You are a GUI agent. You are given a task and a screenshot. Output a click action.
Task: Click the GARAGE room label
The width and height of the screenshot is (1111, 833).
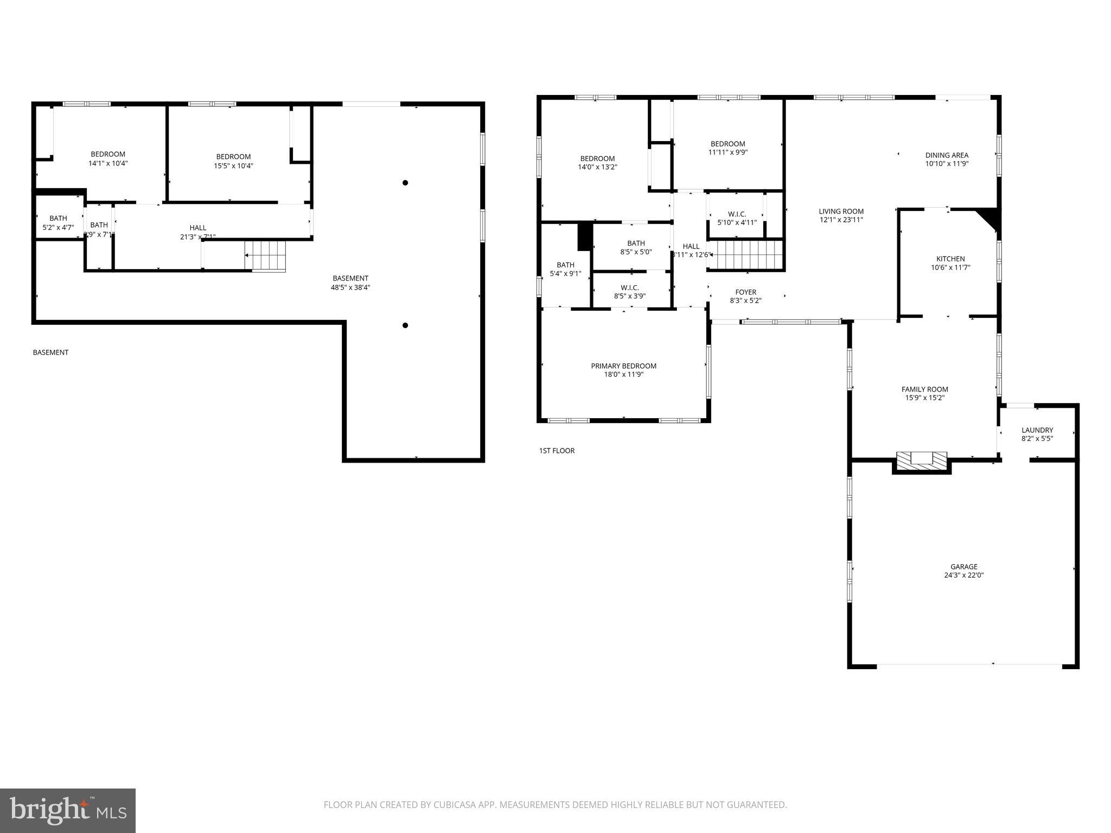pos(963,567)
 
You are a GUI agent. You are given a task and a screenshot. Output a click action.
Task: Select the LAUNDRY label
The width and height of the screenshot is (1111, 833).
pos(1037,430)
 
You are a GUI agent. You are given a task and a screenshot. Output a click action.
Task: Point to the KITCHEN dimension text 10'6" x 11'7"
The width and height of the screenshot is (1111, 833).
pos(950,267)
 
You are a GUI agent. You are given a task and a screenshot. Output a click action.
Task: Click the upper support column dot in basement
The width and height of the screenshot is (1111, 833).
pos(405,183)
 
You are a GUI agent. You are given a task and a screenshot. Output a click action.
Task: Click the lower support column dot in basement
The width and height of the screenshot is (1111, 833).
pos(405,325)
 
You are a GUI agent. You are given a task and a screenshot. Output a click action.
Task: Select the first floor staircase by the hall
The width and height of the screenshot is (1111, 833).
pos(746,255)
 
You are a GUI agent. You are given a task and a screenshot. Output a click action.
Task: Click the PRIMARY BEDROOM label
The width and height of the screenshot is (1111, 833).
pos(623,366)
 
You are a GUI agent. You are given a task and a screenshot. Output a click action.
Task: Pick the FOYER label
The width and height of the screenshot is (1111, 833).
pos(745,292)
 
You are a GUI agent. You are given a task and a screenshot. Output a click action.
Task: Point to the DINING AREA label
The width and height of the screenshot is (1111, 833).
pos(947,155)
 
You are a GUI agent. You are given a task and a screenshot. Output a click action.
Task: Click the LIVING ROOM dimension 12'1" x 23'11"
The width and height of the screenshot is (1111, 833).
pos(841,220)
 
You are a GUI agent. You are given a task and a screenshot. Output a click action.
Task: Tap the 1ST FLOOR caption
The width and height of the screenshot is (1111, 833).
pos(557,451)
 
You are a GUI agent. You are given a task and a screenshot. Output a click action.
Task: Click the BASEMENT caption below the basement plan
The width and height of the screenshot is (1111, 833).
pos(50,353)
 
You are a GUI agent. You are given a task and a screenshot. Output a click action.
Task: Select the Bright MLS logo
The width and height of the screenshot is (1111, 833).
pos(68,810)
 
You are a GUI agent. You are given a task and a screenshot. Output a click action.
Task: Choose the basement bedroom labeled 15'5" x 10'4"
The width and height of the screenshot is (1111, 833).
pos(233,161)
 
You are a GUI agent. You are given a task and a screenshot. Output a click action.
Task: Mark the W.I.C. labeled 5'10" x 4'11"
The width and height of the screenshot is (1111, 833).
pos(737,218)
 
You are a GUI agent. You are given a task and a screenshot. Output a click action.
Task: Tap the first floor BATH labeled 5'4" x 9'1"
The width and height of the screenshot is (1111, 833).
pos(565,269)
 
